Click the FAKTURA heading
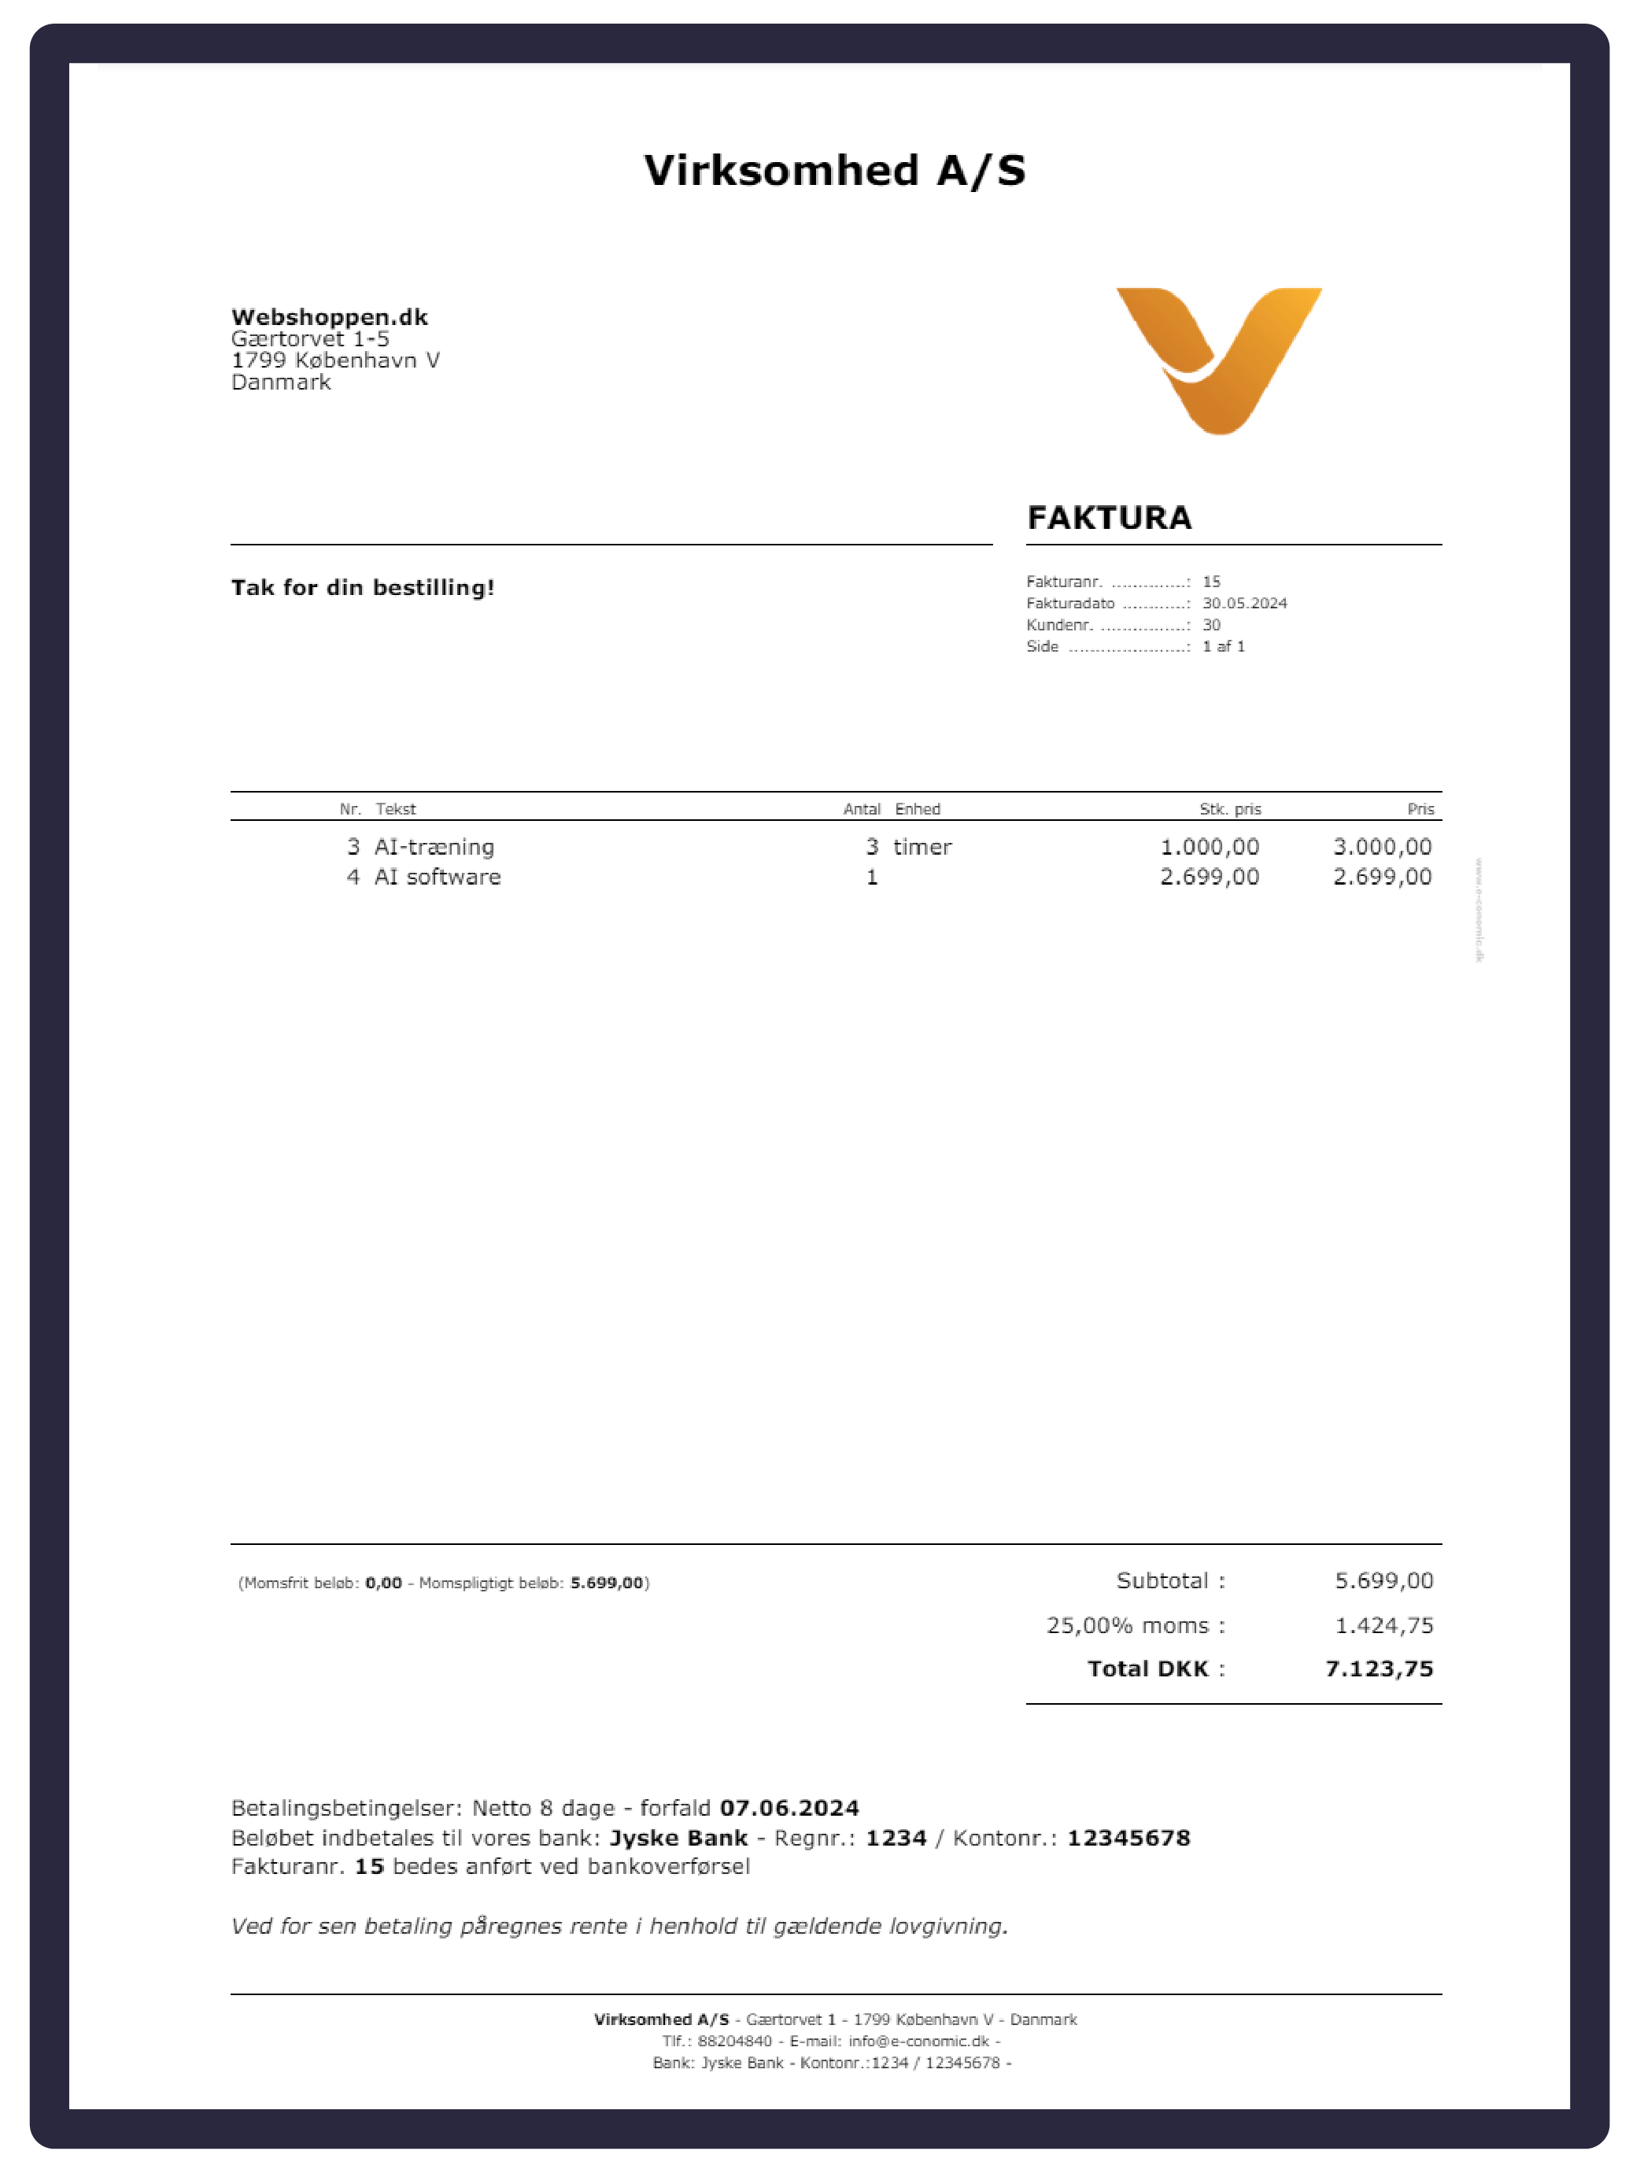(x=1109, y=518)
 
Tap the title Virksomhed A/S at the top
(x=835, y=171)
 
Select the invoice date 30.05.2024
(x=1244, y=603)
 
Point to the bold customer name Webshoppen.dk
(x=329, y=317)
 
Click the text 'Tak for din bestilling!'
(x=362, y=587)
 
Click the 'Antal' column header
(x=861, y=810)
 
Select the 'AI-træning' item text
(x=434, y=847)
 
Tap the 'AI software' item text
(x=437, y=878)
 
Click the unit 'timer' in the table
(x=922, y=847)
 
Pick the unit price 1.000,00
(x=1209, y=847)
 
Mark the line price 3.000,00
(x=1382, y=847)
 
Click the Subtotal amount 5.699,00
(x=1383, y=1580)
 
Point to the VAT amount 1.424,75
(x=1383, y=1626)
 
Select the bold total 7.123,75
(x=1379, y=1669)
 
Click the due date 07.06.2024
(x=789, y=1809)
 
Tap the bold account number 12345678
(x=1128, y=1838)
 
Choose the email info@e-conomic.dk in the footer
(x=918, y=2042)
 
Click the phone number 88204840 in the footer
(x=734, y=2042)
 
